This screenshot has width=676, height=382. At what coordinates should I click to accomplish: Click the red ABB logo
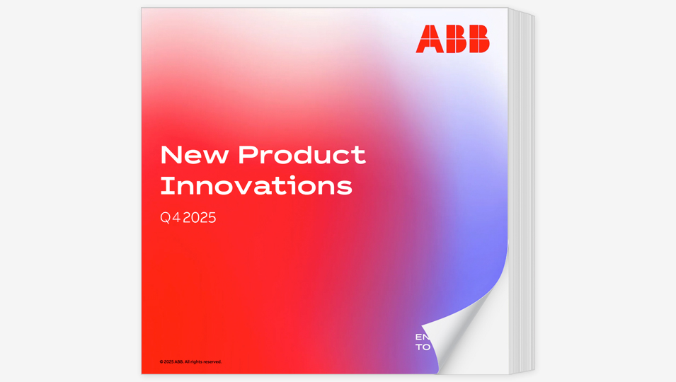pos(452,39)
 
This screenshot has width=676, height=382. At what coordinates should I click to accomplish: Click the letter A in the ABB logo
pos(428,39)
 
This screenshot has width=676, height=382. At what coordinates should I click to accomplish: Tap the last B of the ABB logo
pos(478,39)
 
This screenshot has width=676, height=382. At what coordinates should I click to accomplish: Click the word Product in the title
pos(302,155)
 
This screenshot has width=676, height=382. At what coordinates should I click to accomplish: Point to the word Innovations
pos(256,185)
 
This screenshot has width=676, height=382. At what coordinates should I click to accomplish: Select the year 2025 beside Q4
pos(199,218)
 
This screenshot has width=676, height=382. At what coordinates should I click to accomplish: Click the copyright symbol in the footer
pos(161,361)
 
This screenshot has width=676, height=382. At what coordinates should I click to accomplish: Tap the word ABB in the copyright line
pos(178,361)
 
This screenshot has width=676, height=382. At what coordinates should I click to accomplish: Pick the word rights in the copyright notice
pos(196,361)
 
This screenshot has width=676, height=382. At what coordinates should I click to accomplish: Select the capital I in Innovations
pos(164,185)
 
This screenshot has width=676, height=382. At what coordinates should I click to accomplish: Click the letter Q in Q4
pos(166,218)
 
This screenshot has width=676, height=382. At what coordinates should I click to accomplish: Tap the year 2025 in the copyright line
pos(168,361)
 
